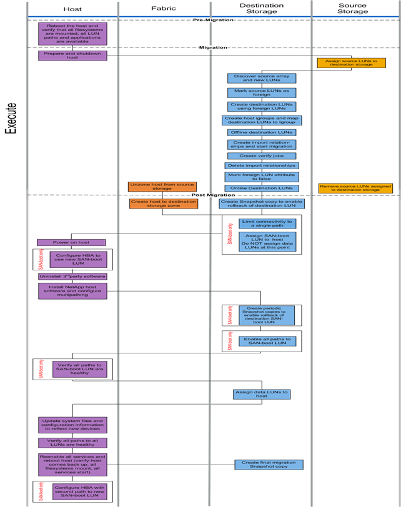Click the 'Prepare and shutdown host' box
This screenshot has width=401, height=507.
click(x=72, y=55)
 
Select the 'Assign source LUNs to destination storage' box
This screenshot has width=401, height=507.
click(x=355, y=63)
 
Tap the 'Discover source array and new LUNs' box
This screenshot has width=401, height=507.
click(x=262, y=79)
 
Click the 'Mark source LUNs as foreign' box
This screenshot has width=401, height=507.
click(x=262, y=92)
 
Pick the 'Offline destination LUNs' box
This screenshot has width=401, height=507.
click(x=262, y=132)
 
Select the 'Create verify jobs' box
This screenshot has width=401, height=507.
click(x=262, y=155)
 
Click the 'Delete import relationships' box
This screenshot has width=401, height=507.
click(x=262, y=165)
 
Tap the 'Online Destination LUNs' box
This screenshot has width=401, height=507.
click(x=262, y=188)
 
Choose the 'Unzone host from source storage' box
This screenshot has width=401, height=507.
click(x=162, y=187)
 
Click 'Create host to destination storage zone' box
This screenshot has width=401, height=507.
click(x=162, y=204)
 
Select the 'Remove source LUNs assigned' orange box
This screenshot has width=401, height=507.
click(x=355, y=188)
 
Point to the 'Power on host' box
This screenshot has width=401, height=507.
click(x=71, y=242)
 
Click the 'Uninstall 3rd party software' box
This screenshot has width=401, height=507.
click(x=72, y=276)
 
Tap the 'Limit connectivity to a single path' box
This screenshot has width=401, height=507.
click(x=267, y=223)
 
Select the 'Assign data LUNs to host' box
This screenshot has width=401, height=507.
click(x=262, y=394)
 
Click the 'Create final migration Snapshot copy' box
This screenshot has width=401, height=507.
click(x=269, y=464)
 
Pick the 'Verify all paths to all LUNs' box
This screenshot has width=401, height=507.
click(x=72, y=443)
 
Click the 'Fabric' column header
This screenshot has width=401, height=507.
click(x=164, y=9)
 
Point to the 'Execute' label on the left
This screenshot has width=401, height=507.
click(x=11, y=119)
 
